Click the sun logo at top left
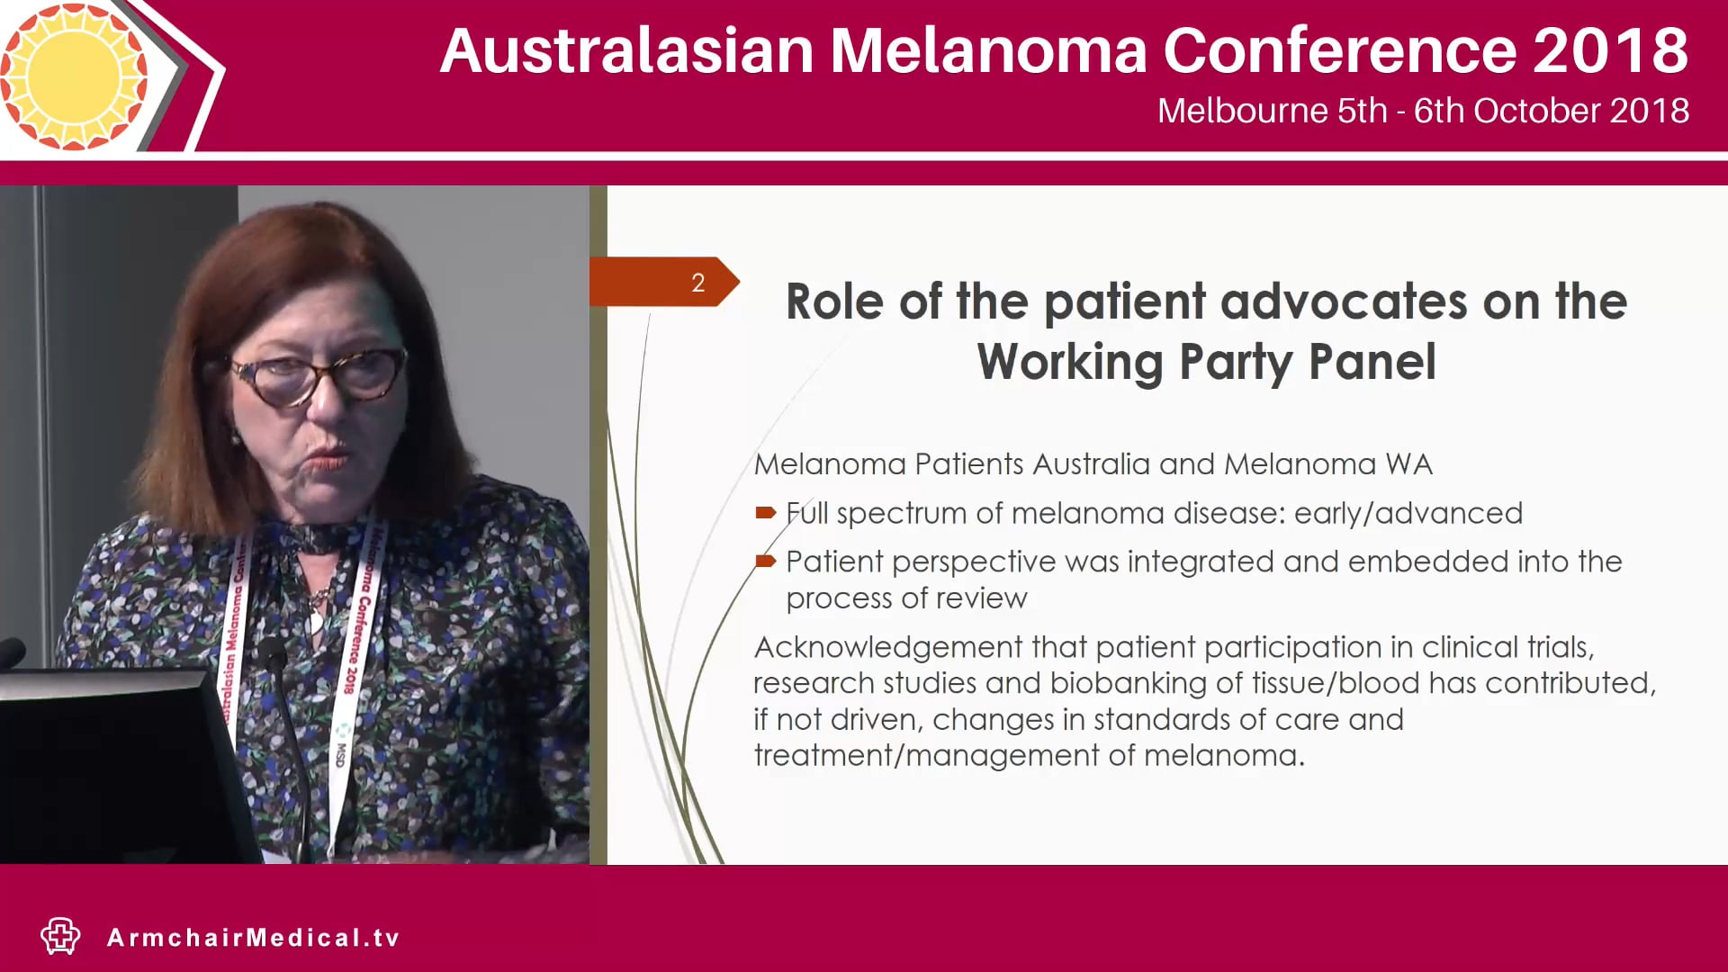point(74,76)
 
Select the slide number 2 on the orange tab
point(697,283)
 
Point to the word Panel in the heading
point(1372,362)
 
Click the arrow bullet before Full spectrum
point(765,513)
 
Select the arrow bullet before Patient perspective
point(765,562)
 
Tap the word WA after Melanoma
point(1408,464)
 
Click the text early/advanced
point(1408,513)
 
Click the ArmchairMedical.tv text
point(253,938)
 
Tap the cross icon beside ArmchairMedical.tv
point(60,936)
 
